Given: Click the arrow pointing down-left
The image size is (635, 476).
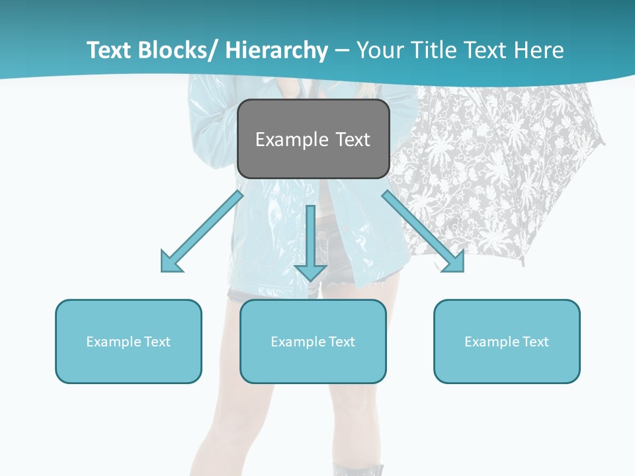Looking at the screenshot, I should click(202, 231).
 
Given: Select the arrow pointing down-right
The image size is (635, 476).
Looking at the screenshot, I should click(423, 231).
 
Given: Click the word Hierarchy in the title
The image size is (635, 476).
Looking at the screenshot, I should click(276, 50).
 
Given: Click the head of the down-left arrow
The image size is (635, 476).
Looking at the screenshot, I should click(171, 262).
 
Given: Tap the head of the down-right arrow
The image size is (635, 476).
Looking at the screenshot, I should click(454, 262).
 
